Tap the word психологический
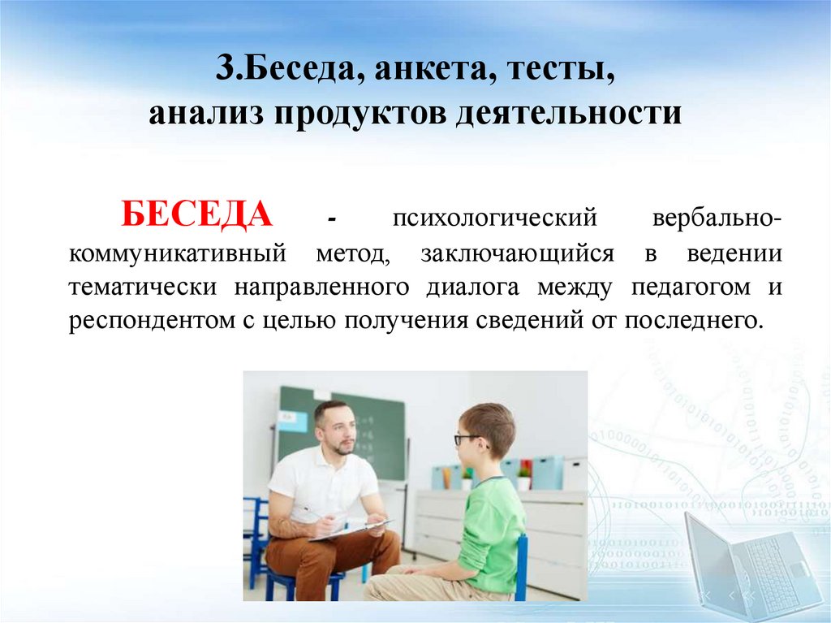click(495, 220)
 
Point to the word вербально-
click(717, 220)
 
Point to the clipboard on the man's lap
click(349, 530)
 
